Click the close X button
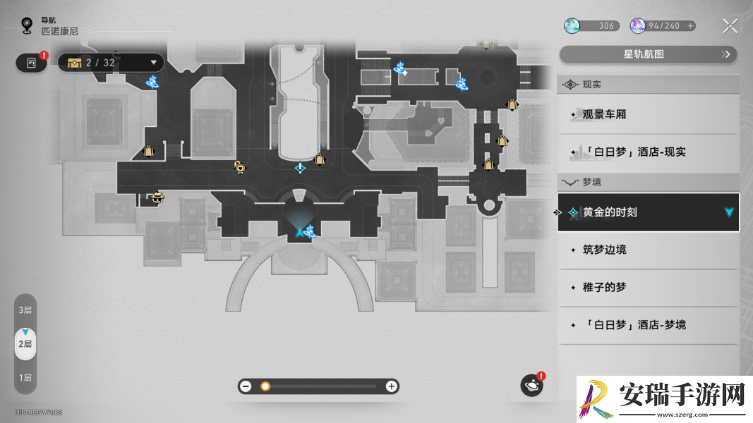730,26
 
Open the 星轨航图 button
649,54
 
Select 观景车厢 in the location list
649,114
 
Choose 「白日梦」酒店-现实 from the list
649,152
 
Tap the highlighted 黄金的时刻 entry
649,212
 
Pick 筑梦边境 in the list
649,250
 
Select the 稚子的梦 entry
649,287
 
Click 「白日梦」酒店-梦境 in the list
649,325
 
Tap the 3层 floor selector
25,309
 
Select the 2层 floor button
25,344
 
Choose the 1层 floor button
25,377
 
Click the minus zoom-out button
246,386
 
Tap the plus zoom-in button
392,386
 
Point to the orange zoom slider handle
265,386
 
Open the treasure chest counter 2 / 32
111,63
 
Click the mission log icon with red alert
32,63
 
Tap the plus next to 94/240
690,26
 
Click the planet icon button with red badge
532,385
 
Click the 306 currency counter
591,26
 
